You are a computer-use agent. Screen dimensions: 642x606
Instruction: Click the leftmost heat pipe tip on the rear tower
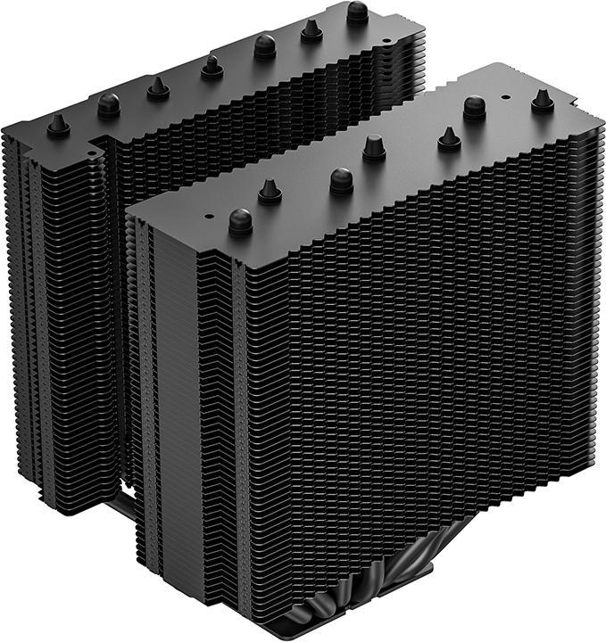[59, 125]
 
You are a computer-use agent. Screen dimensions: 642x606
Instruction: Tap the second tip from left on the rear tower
[109, 104]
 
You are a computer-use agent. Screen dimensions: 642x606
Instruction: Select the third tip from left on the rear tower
[159, 86]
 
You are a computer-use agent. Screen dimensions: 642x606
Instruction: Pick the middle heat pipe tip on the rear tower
[212, 66]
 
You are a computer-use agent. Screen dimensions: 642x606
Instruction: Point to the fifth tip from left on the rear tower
[264, 45]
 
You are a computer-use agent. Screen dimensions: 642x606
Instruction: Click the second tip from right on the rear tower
[311, 29]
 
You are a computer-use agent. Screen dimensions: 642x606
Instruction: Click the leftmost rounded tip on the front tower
[240, 220]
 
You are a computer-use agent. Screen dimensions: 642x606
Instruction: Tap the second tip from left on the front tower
[270, 191]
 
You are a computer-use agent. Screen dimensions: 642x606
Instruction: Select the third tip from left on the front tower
[342, 180]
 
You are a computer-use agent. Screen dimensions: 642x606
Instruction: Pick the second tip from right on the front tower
[474, 107]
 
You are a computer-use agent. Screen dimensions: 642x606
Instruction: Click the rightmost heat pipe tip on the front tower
[542, 100]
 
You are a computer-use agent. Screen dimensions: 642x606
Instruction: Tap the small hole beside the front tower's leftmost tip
[209, 215]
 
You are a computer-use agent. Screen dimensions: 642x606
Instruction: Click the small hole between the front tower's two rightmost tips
[504, 92]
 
